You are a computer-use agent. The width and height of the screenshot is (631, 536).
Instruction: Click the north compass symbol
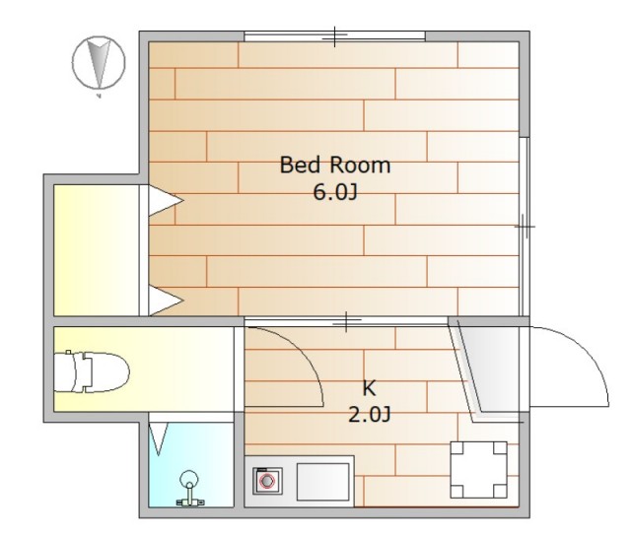99,63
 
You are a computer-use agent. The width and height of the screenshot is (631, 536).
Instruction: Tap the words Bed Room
335,166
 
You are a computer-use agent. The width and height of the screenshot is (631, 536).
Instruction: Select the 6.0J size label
335,192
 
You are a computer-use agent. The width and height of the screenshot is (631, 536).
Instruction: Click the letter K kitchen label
369,388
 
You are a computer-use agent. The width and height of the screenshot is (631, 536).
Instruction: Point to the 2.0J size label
369,415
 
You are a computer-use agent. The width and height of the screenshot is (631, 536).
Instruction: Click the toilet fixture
92,371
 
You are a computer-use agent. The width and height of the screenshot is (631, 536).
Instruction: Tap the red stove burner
267,481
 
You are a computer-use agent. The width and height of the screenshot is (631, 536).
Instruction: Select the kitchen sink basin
322,482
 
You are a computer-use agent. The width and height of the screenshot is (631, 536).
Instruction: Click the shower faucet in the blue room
189,489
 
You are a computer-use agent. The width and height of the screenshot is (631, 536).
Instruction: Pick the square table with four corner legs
478,470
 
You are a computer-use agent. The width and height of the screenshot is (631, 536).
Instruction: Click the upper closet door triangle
166,200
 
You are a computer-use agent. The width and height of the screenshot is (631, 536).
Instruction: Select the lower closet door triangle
166,300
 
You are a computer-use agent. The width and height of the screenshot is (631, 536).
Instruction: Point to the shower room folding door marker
158,439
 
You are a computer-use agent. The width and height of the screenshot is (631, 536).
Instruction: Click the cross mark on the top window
335,36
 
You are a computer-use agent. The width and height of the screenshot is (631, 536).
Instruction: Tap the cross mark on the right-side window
525,227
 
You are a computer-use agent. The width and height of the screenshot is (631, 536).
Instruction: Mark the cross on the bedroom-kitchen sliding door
346,321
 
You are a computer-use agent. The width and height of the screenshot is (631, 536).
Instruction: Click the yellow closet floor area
97,250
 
